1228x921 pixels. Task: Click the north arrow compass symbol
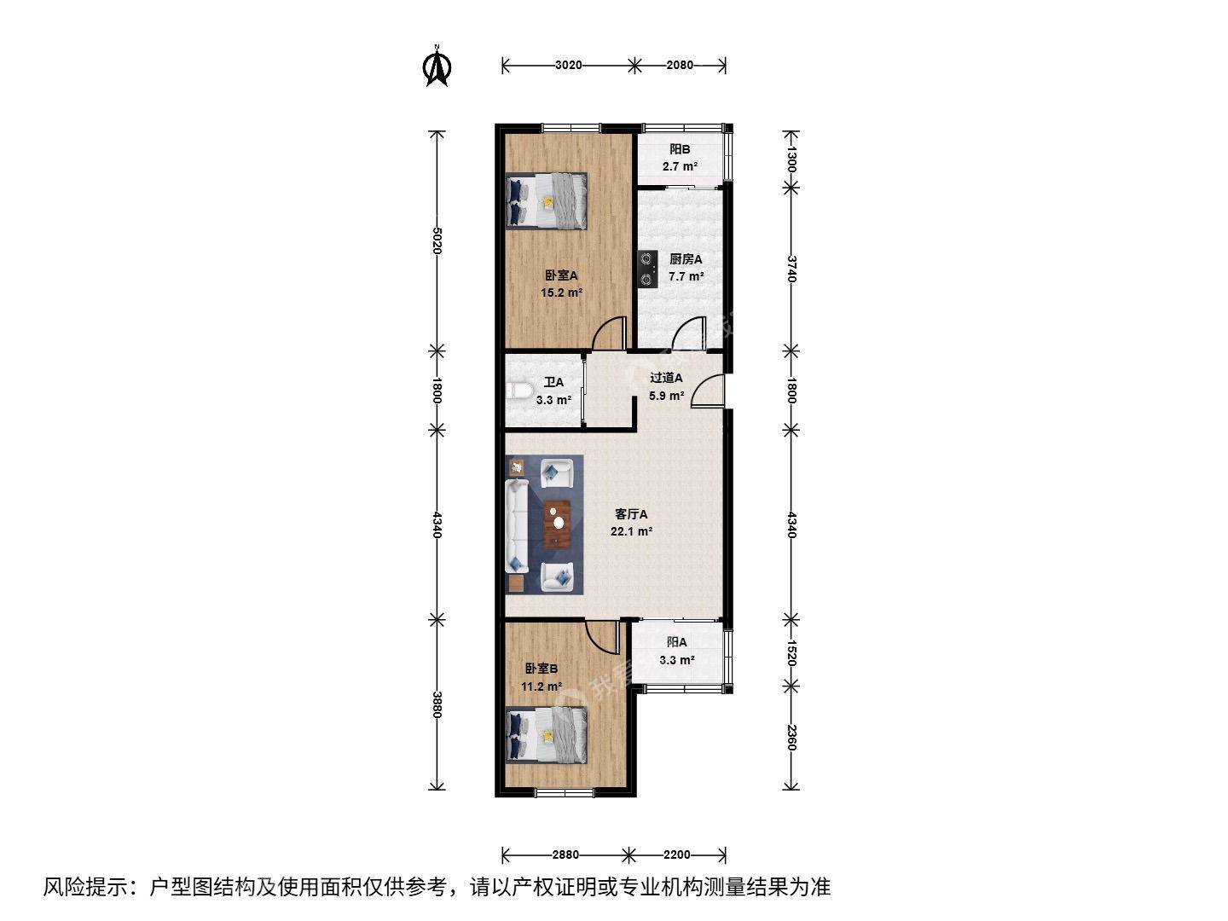[437, 68]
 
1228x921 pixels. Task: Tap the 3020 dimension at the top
[568, 65]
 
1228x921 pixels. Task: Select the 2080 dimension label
[680, 65]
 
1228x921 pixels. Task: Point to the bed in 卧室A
[547, 201]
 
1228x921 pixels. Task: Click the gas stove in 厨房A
[647, 268]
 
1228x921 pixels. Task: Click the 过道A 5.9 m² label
[666, 386]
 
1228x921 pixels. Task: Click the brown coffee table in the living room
[557, 523]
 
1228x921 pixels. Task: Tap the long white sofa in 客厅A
[517, 524]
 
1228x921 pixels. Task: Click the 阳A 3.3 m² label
[677, 651]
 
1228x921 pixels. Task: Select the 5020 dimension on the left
[437, 240]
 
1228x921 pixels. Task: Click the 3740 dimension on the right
[791, 269]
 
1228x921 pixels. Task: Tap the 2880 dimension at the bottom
[565, 854]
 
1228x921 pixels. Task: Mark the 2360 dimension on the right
[791, 737]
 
